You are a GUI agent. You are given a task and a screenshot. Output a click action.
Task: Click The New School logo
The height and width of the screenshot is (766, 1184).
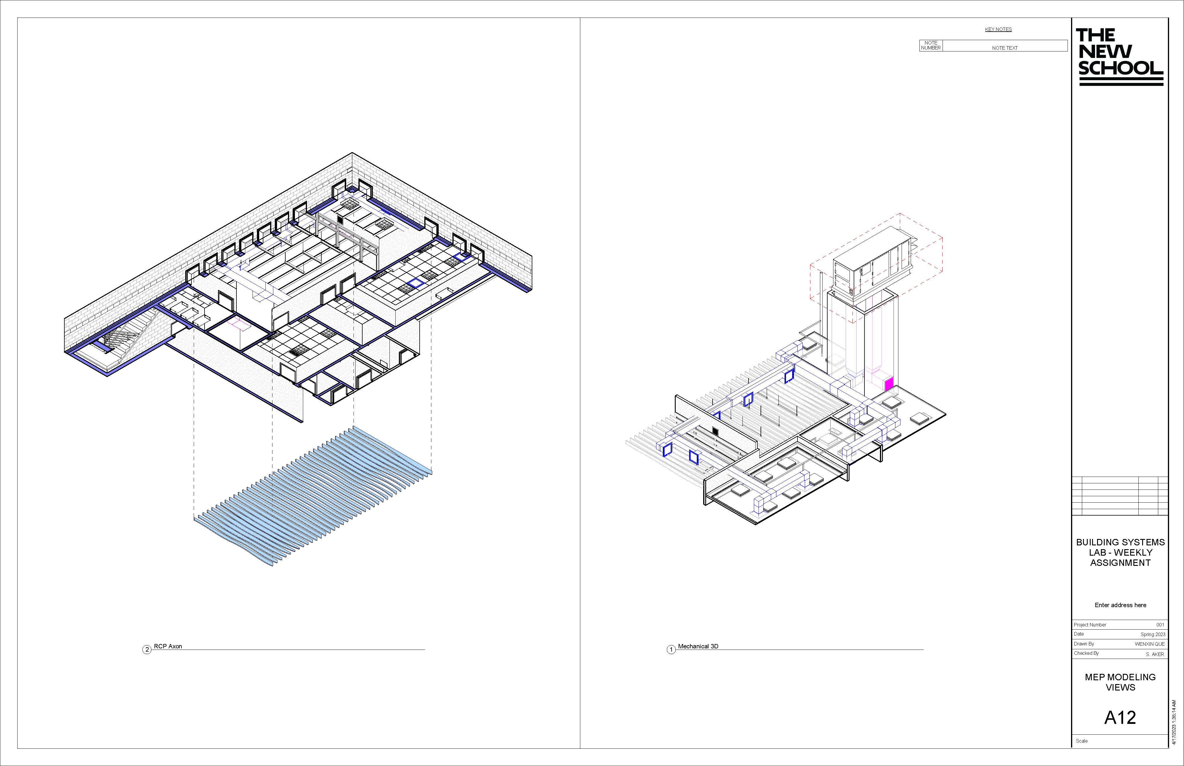pyautogui.click(x=1120, y=57)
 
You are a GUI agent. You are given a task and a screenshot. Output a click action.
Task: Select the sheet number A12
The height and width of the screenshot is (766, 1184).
pyautogui.click(x=1120, y=717)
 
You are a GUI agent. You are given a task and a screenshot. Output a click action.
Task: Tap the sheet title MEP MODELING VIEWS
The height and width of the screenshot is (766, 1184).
pyautogui.click(x=1120, y=682)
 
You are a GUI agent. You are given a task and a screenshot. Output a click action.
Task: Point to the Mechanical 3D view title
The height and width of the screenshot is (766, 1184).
pyautogui.click(x=698, y=646)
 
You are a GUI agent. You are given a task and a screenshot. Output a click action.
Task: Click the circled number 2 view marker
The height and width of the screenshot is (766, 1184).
pyautogui.click(x=147, y=650)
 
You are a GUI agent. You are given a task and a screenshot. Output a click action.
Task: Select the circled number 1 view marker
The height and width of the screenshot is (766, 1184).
pyautogui.click(x=671, y=650)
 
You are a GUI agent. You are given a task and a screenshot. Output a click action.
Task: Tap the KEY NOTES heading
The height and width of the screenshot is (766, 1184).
pyautogui.click(x=998, y=29)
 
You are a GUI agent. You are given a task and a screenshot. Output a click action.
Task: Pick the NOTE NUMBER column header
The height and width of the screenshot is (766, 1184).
pyautogui.click(x=931, y=45)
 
